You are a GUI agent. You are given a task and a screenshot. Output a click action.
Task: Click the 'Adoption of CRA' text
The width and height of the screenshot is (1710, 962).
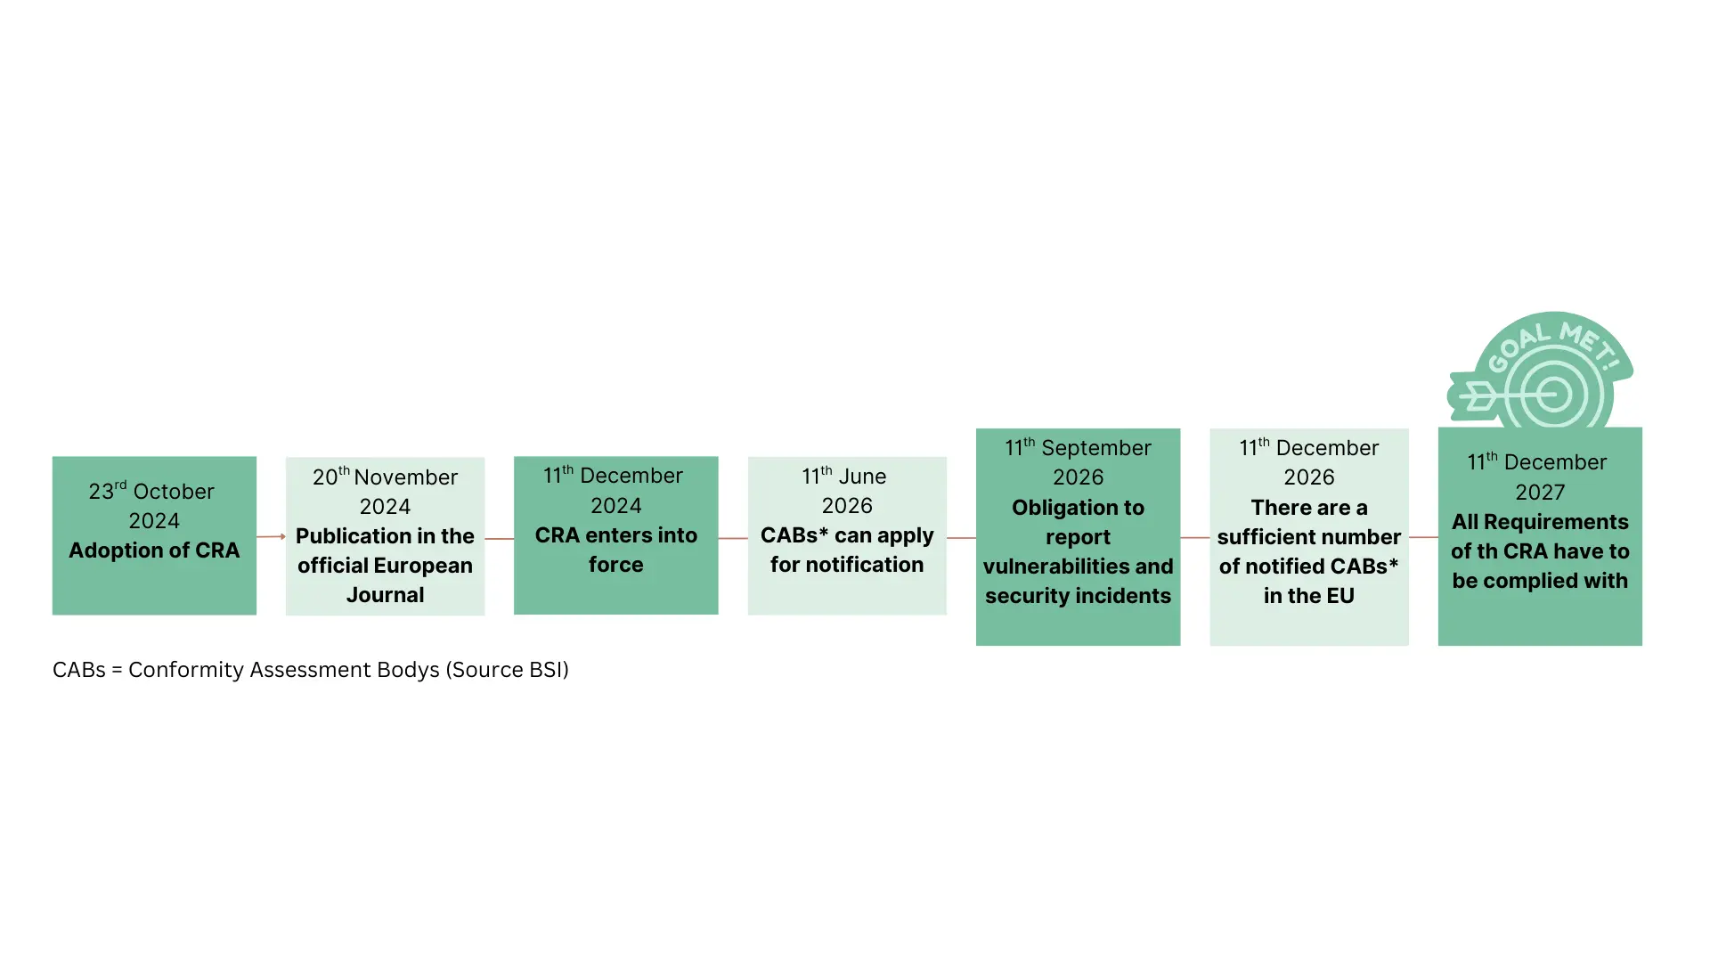(154, 550)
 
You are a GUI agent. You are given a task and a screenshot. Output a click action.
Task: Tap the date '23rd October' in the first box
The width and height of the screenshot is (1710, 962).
(151, 491)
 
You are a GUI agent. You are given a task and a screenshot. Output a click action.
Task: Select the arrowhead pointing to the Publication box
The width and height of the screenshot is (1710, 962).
(282, 536)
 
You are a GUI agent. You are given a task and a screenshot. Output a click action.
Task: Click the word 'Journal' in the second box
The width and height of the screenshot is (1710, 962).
(385, 595)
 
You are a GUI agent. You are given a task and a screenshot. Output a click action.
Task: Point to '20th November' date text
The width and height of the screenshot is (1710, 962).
(385, 477)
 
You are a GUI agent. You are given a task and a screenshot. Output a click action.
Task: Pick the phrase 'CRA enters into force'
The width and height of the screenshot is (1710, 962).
(615, 550)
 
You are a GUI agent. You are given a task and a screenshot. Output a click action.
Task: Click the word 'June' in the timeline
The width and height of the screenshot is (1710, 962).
(862, 477)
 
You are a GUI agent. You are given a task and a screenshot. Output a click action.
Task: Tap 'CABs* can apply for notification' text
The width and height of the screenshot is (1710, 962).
(847, 550)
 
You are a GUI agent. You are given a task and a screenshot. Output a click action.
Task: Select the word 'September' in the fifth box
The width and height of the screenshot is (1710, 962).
(1095, 448)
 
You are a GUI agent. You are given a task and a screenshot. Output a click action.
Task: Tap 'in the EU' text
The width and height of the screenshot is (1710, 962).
(1308, 596)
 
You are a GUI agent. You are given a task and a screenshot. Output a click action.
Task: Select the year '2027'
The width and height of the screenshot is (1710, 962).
(1540, 492)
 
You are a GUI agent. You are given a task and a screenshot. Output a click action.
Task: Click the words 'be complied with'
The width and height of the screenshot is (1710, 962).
(1540, 581)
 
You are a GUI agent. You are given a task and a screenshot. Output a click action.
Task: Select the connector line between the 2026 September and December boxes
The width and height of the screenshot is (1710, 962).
(1194, 537)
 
